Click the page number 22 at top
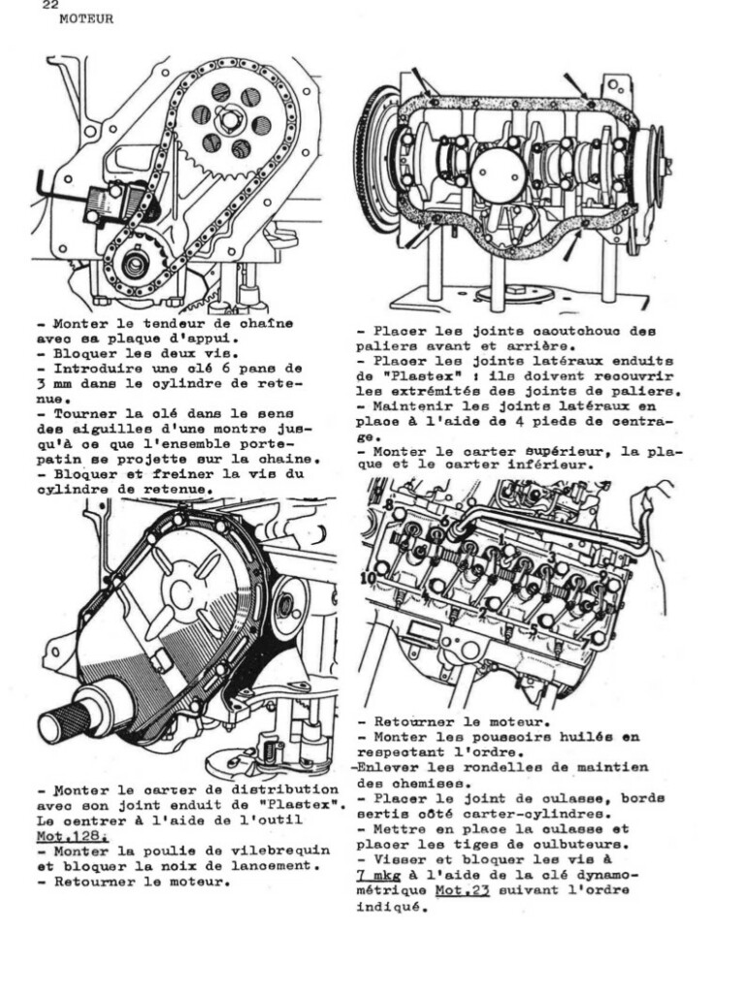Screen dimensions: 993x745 pyautogui.click(x=51, y=5)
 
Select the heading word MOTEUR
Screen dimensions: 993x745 pyautogui.click(x=86, y=19)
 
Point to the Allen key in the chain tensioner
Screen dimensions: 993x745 pyautogui.click(x=40, y=184)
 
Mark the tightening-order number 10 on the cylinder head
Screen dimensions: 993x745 pyautogui.click(x=368, y=579)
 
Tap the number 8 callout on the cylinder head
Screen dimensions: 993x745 pyautogui.click(x=389, y=506)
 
